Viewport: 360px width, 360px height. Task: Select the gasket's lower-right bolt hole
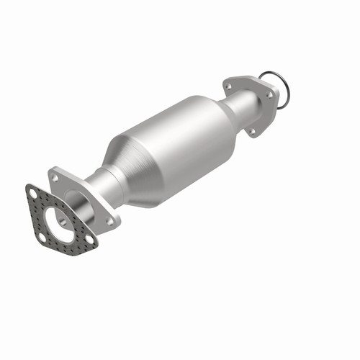(87, 238)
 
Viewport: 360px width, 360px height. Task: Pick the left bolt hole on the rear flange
(230, 86)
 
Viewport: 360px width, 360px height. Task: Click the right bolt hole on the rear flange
(270, 94)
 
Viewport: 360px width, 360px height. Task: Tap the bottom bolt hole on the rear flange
(251, 131)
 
